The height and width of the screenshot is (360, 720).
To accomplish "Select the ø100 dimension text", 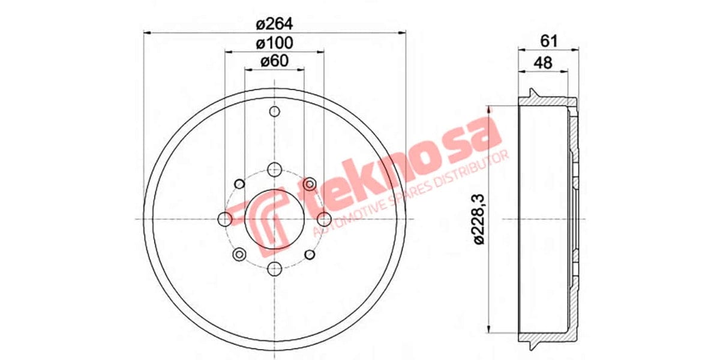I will tap(274, 43).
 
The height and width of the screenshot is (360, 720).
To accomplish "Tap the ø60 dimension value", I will tap(274, 61).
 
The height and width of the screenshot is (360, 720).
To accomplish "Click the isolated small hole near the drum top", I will tap(274, 112).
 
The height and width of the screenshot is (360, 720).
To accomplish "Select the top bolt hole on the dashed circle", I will tap(274, 169).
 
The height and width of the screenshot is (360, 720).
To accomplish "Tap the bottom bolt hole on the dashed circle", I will tap(274, 268).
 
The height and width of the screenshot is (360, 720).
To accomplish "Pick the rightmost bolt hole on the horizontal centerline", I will tap(324, 218).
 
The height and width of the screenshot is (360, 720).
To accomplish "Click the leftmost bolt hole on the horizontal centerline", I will tap(225, 218).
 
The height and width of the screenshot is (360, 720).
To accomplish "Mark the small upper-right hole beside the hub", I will tap(310, 183).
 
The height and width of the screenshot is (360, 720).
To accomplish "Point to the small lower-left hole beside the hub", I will tap(239, 254).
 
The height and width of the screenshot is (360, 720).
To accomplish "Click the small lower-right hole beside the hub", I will tap(310, 254).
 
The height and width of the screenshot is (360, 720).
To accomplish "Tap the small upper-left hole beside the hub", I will tap(239, 183).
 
